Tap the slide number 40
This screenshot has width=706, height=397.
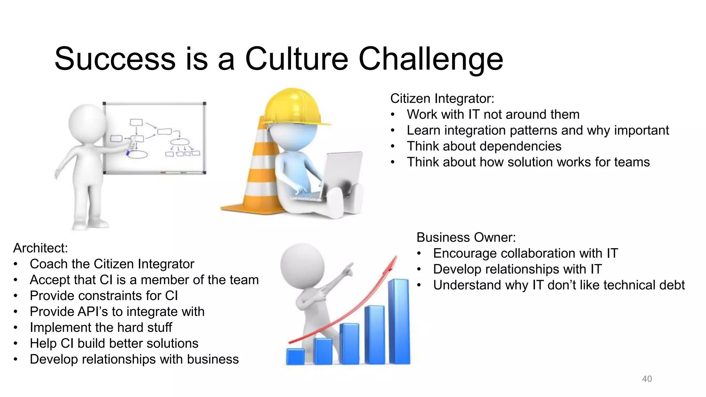(647, 379)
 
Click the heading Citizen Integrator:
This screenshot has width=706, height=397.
(442, 99)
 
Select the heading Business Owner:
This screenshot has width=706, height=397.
(466, 237)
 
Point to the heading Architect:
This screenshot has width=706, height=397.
(40, 248)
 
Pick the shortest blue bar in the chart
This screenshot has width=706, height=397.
(295, 356)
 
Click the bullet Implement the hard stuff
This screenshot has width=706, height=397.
(101, 327)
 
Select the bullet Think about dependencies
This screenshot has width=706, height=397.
(484, 146)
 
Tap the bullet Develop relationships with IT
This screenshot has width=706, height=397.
(517, 269)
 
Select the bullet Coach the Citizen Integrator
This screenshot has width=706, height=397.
(112, 264)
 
